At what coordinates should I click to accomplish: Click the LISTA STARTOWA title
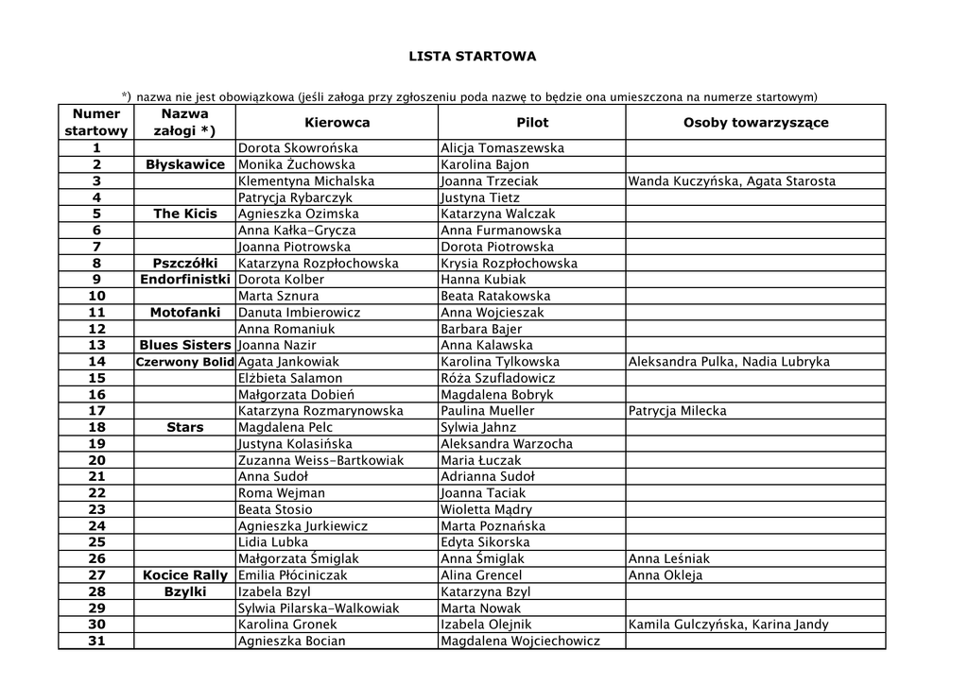pos(472,57)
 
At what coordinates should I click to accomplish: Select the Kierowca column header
pos(337,123)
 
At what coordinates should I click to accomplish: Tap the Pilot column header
pos(532,123)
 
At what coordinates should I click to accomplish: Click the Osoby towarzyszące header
pos(755,123)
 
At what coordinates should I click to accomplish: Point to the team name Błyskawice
pos(185,165)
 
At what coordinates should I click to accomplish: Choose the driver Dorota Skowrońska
pos(298,148)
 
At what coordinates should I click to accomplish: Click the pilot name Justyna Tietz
pos(480,197)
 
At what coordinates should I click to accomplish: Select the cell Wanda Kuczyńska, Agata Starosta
pos(732,181)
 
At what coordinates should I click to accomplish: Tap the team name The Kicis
pos(185,214)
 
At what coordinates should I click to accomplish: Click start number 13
pos(96,346)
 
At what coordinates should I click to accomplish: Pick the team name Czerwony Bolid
pos(185,362)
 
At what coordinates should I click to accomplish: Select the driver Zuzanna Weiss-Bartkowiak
pos(320,460)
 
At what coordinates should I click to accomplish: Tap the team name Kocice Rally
pos(185,575)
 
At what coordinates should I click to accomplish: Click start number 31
pos(96,641)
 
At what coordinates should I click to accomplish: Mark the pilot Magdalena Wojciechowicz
pos(520,641)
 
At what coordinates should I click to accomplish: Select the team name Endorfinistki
pos(185,280)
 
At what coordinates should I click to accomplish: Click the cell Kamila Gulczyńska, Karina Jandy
pos(728,625)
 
